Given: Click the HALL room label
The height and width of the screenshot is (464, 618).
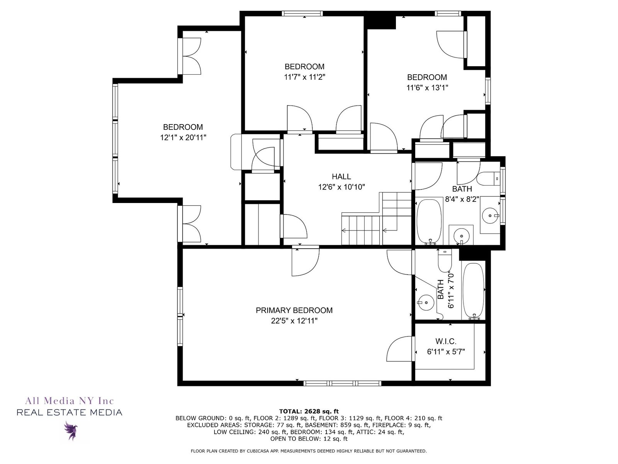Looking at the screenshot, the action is tap(341, 177).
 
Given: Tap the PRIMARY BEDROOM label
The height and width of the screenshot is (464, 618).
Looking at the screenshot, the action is tap(294, 310).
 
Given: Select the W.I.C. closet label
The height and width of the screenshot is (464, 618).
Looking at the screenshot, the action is tap(446, 341).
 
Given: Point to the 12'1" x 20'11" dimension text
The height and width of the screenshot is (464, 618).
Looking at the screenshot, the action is tap(183, 138).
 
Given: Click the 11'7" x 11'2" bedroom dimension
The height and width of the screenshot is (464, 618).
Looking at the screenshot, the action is tap(305, 77).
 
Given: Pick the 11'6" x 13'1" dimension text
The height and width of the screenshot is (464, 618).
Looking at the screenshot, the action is tap(427, 88).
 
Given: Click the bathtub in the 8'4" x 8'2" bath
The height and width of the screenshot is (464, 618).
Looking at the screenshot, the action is tap(429, 221).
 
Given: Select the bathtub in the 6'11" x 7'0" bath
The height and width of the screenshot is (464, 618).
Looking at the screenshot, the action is tap(473, 291).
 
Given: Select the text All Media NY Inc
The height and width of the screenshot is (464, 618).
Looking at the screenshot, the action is tap(69, 401).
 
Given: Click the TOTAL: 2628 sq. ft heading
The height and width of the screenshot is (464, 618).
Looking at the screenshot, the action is tap(309, 411).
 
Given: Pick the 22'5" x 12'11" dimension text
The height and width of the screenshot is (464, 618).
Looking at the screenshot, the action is tap(294, 321).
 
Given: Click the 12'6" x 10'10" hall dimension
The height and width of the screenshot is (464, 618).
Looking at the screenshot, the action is tap(341, 187).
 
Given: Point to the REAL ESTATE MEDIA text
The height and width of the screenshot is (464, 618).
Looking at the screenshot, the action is tap(69, 413).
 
